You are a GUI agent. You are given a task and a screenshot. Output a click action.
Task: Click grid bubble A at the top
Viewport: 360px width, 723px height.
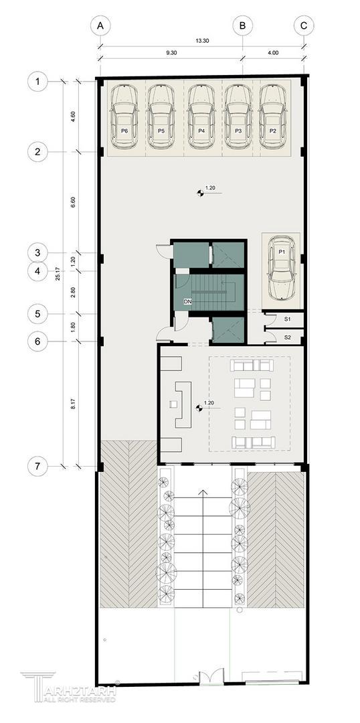pos(100,26)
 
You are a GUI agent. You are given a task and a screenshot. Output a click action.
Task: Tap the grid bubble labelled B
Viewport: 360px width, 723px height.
pos(242,26)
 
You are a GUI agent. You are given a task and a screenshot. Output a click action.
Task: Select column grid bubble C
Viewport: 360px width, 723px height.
pos(303,26)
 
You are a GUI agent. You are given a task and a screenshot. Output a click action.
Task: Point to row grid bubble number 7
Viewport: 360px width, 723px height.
pos(37,466)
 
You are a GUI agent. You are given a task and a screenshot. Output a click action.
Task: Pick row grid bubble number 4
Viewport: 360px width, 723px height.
pos(37,271)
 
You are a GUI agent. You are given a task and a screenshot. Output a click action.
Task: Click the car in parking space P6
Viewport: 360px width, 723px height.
pos(124,117)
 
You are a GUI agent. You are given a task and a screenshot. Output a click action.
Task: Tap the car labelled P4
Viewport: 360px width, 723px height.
pos(201,117)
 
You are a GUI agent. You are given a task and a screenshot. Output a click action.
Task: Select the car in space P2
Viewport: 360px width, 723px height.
pos(273,117)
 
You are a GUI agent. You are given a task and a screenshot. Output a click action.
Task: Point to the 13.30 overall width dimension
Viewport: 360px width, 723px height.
pos(201,41)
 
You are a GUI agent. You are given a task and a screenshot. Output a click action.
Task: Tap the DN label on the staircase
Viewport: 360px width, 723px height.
pos(187,302)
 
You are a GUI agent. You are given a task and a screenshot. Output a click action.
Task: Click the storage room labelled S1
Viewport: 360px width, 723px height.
pos(286,319)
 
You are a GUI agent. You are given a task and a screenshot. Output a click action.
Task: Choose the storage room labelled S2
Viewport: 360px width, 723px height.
pos(286,337)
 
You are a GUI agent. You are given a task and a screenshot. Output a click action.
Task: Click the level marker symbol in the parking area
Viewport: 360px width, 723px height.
pos(201,193)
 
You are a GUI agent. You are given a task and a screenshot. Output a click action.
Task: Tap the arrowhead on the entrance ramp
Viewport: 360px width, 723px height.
pos(201,493)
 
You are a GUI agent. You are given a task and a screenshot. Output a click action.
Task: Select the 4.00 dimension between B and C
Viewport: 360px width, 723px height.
pos(273,53)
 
